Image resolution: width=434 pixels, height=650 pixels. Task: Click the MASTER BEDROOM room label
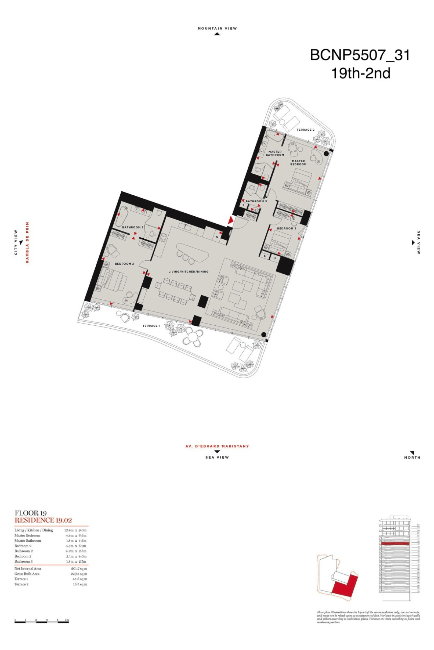click(298, 162)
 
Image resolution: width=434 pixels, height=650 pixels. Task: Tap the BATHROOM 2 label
click(133, 227)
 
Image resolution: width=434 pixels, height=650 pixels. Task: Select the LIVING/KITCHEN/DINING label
click(188, 271)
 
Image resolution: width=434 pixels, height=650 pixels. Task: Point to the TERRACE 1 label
click(151, 326)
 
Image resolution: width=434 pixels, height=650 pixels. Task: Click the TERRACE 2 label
click(305, 130)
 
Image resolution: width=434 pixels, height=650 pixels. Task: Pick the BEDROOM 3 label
click(286, 228)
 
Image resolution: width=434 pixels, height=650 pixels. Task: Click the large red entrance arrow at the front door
click(231, 220)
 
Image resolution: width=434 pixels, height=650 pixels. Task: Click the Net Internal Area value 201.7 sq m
click(79, 569)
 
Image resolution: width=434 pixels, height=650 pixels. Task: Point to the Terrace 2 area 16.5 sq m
click(80, 584)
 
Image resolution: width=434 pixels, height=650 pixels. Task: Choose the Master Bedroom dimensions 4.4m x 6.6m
click(76, 535)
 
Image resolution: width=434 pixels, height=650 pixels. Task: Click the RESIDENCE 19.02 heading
click(43, 520)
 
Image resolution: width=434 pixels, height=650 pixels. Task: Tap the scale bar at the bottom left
click(41, 622)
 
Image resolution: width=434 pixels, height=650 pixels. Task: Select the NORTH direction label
click(412, 457)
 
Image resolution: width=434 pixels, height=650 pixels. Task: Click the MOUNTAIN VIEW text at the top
click(217, 29)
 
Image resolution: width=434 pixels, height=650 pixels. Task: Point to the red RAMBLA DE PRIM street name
click(28, 242)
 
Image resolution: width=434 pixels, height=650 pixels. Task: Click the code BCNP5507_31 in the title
click(360, 55)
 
